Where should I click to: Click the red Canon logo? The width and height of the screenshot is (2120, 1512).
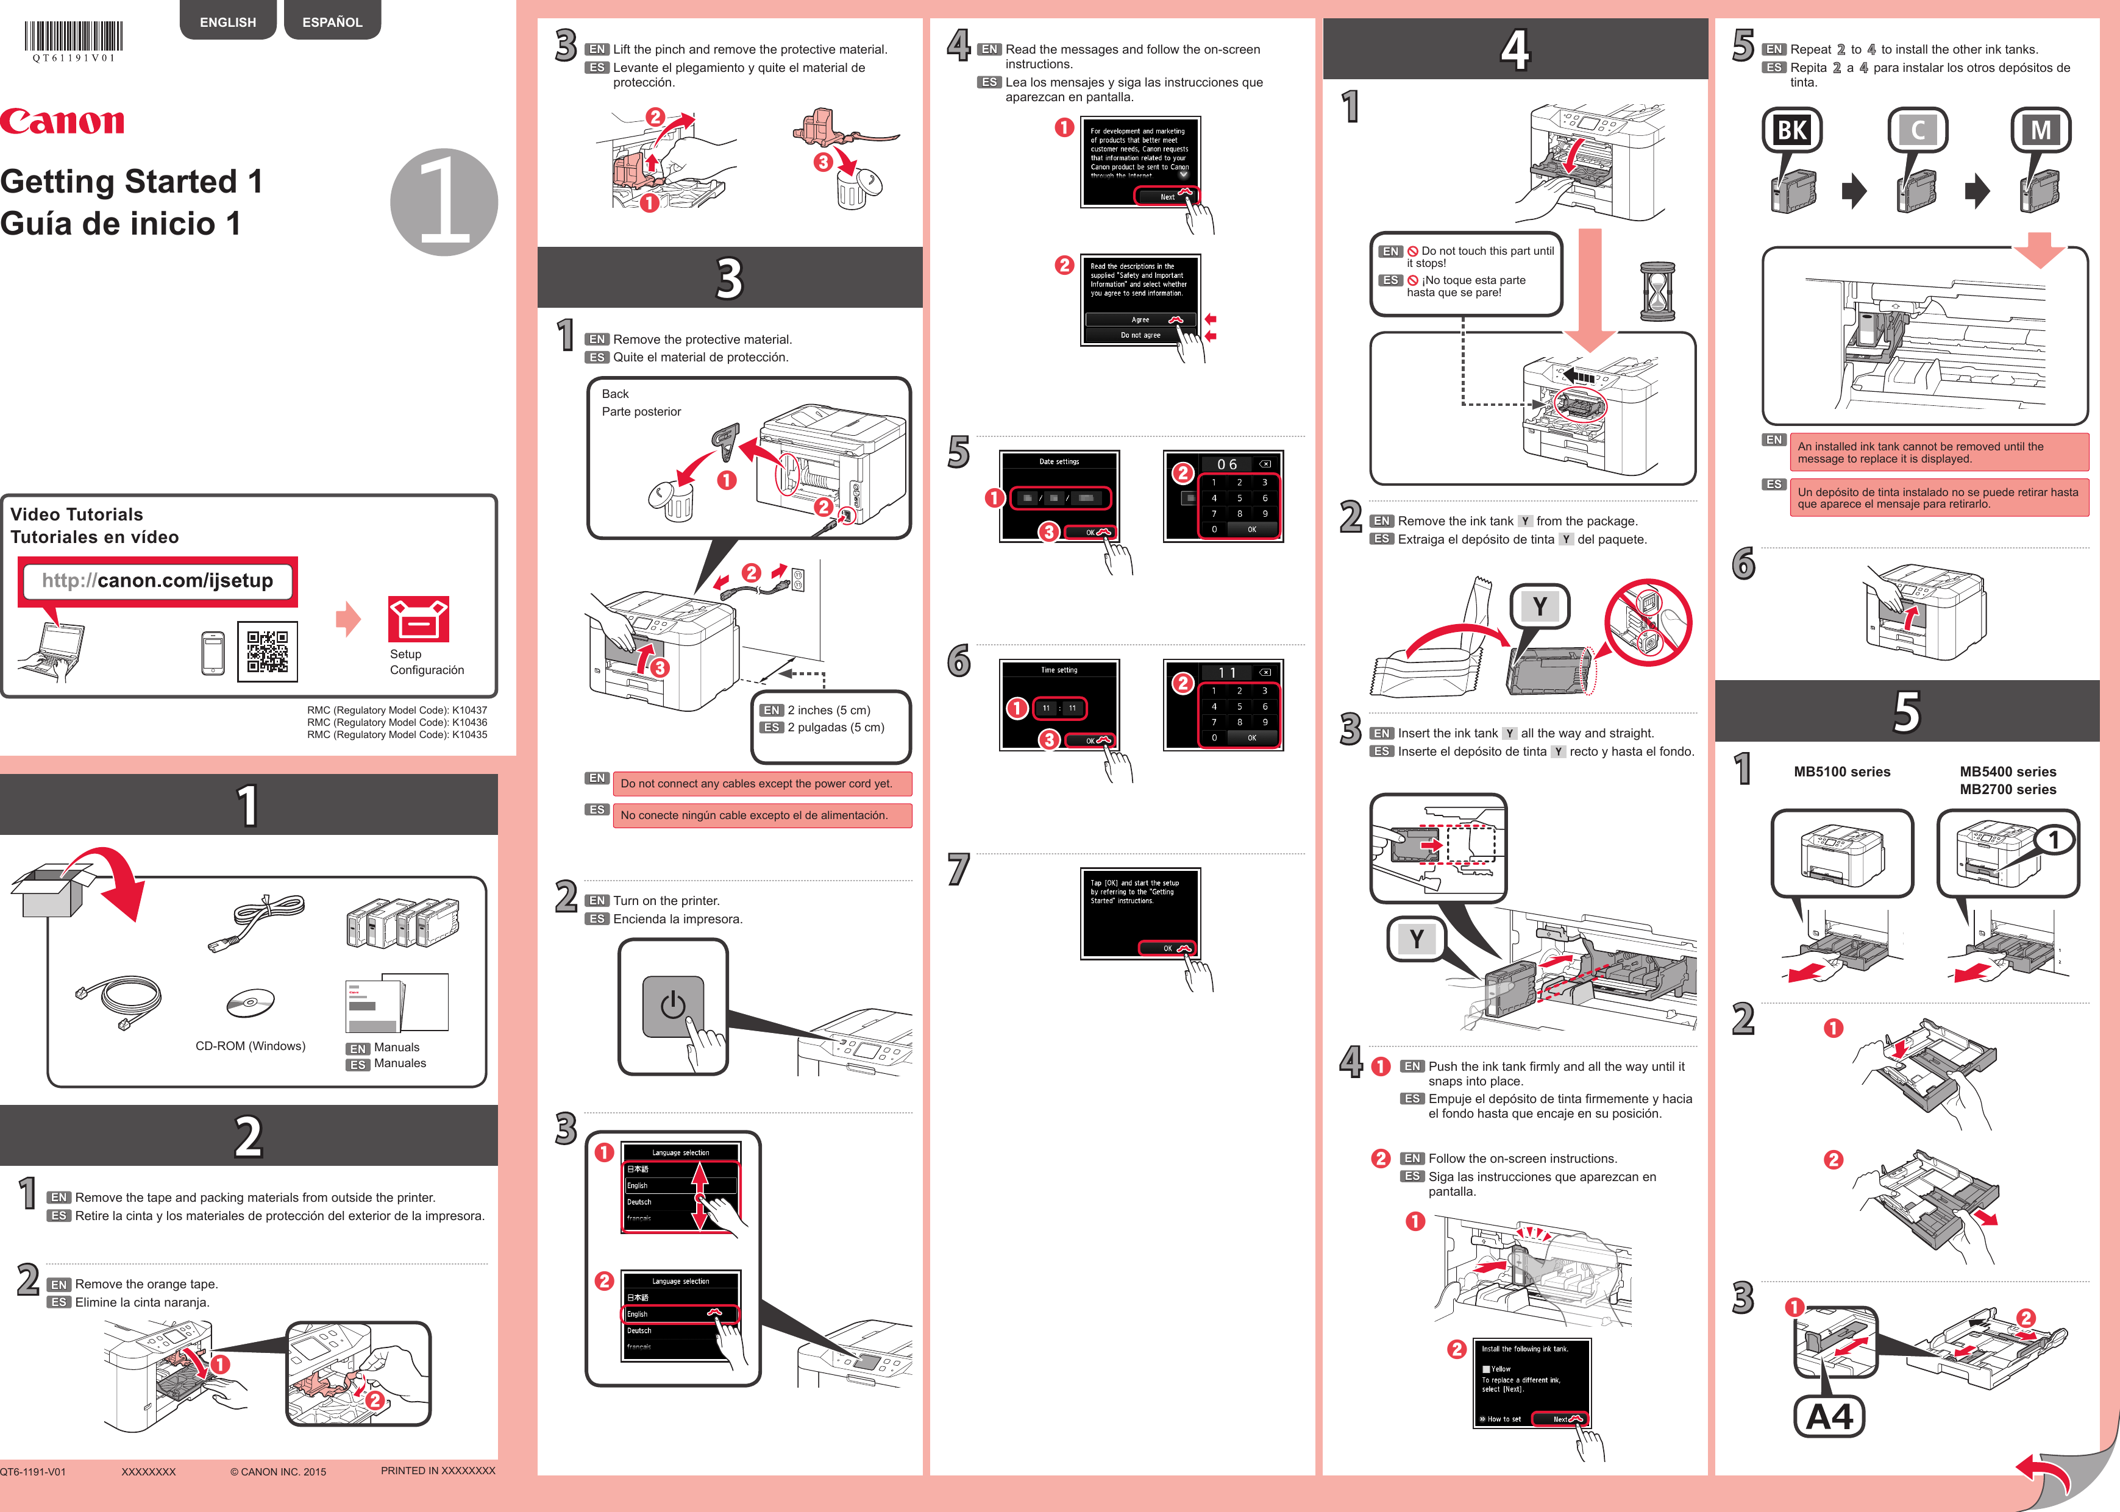(x=62, y=121)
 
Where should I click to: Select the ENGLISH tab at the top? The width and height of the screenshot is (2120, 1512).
(x=227, y=21)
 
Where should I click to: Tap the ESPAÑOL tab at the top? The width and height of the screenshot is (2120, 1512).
(x=332, y=21)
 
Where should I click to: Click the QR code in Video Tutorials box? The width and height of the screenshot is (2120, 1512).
(x=267, y=651)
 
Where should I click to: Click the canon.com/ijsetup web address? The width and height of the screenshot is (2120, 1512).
(x=157, y=581)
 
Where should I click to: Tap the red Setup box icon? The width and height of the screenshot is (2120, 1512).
(x=418, y=619)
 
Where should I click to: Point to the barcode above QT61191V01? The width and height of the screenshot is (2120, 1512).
(x=74, y=37)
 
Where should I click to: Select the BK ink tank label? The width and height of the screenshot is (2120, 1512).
(x=1791, y=130)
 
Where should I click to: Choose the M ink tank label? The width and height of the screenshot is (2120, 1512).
(x=2040, y=130)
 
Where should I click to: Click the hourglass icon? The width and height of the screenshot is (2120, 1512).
(x=1657, y=291)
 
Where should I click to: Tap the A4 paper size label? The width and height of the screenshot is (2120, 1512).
(x=1829, y=1417)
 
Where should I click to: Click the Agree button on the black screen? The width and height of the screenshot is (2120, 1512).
(x=1140, y=319)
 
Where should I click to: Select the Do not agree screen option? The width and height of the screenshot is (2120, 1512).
(x=1140, y=335)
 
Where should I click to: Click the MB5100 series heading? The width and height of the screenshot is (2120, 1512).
(x=1841, y=772)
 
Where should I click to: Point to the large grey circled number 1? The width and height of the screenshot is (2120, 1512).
(x=444, y=202)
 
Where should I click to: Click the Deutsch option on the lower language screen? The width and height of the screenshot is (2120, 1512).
(x=639, y=1330)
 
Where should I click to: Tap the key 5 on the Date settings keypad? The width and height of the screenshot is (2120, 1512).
(x=1239, y=498)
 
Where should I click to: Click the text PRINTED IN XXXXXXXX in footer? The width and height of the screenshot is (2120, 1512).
(x=438, y=1471)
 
